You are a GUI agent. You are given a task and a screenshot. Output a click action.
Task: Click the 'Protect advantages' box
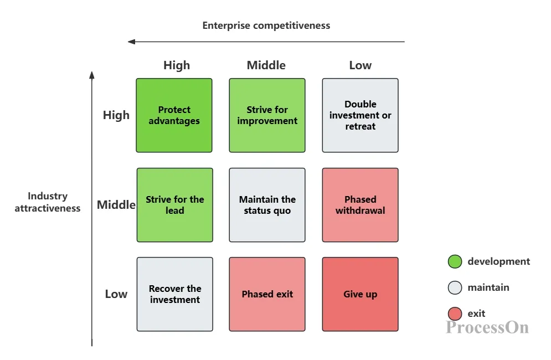(174, 115)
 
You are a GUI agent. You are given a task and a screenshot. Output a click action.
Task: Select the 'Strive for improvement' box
(267, 115)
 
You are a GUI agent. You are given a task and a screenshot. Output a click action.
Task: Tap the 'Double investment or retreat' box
(360, 115)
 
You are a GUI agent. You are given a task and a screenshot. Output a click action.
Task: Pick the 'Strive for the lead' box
(174, 205)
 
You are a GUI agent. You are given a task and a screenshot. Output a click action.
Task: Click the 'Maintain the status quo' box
(267, 205)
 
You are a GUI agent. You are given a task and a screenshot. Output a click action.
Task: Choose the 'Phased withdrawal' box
(360, 205)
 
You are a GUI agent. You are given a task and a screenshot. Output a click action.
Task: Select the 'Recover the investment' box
(174, 294)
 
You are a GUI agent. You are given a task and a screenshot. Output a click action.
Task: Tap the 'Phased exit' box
(267, 294)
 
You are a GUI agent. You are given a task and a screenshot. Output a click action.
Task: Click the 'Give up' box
(360, 294)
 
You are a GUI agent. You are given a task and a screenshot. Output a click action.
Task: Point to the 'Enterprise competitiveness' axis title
(266, 25)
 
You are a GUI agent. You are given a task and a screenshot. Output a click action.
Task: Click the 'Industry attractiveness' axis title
(48, 202)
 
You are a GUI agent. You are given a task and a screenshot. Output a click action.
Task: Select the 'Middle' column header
(266, 65)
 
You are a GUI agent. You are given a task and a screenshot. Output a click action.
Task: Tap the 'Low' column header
(360, 65)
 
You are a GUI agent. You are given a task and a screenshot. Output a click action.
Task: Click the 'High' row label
(116, 115)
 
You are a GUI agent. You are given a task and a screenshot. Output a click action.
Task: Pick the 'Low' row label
(116, 294)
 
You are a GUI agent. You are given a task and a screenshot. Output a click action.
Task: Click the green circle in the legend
(455, 261)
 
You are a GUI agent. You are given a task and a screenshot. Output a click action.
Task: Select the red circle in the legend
(455, 313)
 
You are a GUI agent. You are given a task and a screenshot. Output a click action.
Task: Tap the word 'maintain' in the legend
(488, 287)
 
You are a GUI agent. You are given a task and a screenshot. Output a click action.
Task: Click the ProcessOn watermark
(487, 327)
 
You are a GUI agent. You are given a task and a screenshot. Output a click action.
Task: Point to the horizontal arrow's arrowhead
(131, 42)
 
